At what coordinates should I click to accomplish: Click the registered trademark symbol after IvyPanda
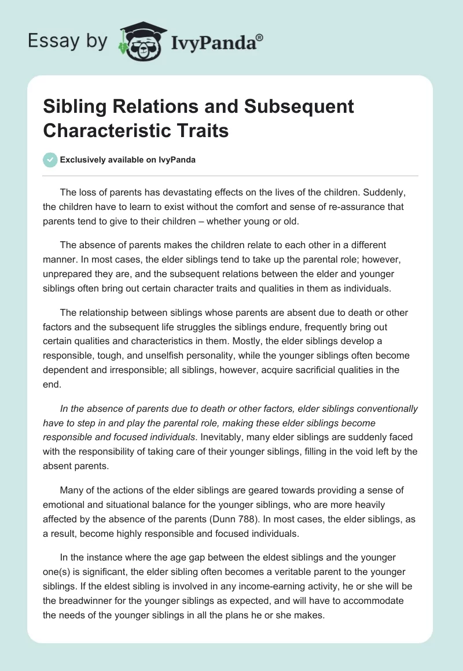pyautogui.click(x=260, y=36)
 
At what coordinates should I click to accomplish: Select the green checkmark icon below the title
pyautogui.click(x=51, y=160)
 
